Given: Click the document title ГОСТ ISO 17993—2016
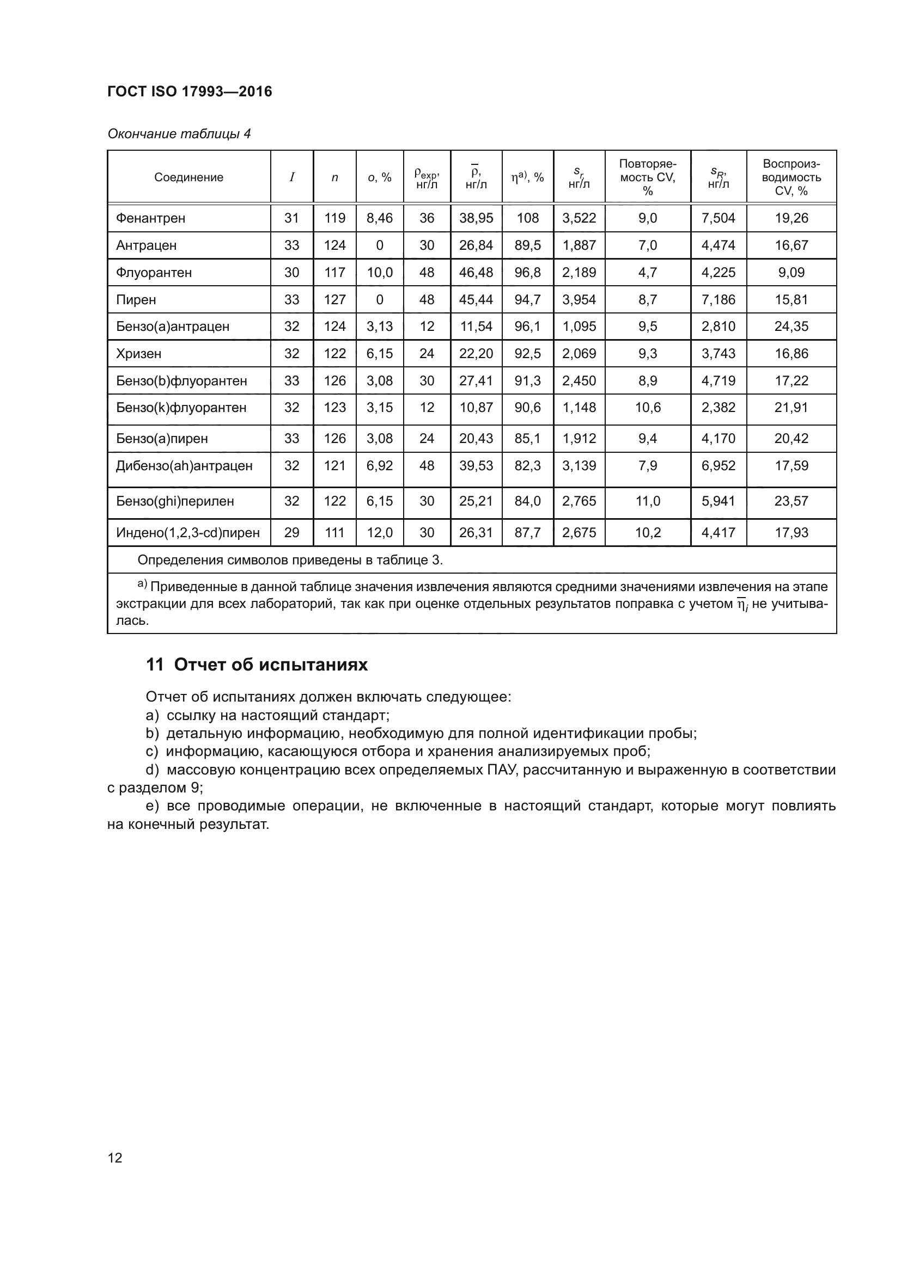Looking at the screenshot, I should pyautogui.click(x=189, y=91).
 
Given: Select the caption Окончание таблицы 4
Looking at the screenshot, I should pyautogui.click(x=179, y=134).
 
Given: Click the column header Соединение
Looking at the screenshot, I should pyautogui.click(x=188, y=177).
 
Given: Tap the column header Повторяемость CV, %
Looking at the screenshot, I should pyautogui.click(x=648, y=177).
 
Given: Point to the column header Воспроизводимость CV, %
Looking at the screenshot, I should pyautogui.click(x=791, y=177).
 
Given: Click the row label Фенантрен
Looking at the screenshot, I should pyautogui.click(x=150, y=218).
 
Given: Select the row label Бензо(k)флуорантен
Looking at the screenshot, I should pyautogui.click(x=181, y=408).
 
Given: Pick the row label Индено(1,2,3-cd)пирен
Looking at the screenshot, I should pyautogui.click(x=187, y=533).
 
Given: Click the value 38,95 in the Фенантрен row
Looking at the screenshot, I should pyautogui.click(x=476, y=218).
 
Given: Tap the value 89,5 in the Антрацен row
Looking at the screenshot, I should pyautogui.click(x=527, y=245).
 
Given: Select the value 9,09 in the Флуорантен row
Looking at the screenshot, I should pyautogui.click(x=791, y=273).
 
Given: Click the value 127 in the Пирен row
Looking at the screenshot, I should pyautogui.click(x=334, y=300).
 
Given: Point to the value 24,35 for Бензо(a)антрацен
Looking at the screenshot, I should pyautogui.click(x=791, y=327).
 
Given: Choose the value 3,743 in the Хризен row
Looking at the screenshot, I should pyautogui.click(x=718, y=354).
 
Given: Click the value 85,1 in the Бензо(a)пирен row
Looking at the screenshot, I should pyautogui.click(x=527, y=439).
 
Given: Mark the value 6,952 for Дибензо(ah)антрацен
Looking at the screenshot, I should pyautogui.click(x=718, y=466).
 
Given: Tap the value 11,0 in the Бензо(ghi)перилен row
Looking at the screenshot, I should pyautogui.click(x=648, y=501).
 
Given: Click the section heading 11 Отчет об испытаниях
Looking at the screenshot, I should pyautogui.click(x=257, y=665).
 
